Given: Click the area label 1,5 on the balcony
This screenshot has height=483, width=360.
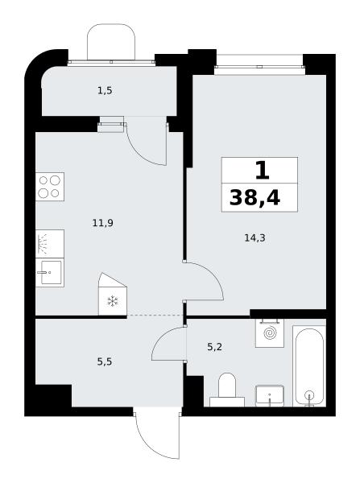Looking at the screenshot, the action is pyautogui.click(x=105, y=91).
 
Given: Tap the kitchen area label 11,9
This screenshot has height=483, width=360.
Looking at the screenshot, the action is pyautogui.click(x=102, y=223).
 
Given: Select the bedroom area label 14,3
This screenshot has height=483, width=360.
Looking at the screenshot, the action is pyautogui.click(x=254, y=237).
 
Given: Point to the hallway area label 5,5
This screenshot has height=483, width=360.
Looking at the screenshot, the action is pyautogui.click(x=105, y=361).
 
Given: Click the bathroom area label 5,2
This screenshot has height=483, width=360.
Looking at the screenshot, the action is pyautogui.click(x=214, y=347).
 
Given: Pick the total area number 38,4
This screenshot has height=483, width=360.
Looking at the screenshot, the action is pyautogui.click(x=254, y=198).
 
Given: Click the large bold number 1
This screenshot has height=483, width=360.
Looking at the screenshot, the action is pyautogui.click(x=263, y=171).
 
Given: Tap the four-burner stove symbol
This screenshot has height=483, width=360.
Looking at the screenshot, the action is pyautogui.click(x=50, y=187).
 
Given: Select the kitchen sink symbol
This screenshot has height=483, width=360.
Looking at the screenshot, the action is pyautogui.click(x=50, y=273).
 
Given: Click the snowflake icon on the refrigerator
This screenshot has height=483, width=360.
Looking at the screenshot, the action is pyautogui.click(x=113, y=301).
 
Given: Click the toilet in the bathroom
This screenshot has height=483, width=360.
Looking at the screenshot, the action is pyautogui.click(x=227, y=390).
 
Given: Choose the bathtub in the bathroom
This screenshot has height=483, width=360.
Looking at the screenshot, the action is pyautogui.click(x=309, y=366).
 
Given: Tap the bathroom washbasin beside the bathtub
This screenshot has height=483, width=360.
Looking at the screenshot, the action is pyautogui.click(x=270, y=395).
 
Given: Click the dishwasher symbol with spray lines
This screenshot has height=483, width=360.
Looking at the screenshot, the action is pyautogui.click(x=50, y=244).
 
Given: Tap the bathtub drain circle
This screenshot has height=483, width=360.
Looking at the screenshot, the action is pyautogui.click(x=309, y=395).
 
